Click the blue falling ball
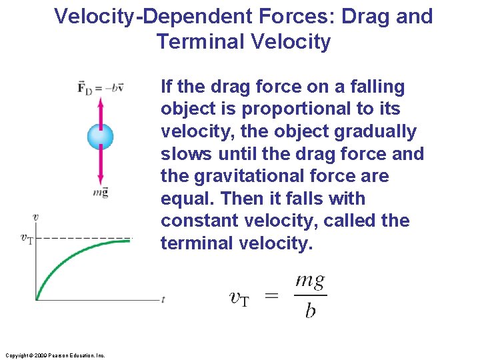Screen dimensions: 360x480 pos(101,137)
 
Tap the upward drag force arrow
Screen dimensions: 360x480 pos(101,111)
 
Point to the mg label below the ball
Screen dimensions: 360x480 pos(101,193)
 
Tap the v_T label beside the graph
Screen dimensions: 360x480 pos(27,238)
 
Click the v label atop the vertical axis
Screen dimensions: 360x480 pos(35,217)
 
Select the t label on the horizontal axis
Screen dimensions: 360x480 pos(163,300)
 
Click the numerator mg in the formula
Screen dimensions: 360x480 pos(310,281)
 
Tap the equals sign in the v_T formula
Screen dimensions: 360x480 pos(271,297)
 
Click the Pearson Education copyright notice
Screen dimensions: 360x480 pos(54,355)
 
